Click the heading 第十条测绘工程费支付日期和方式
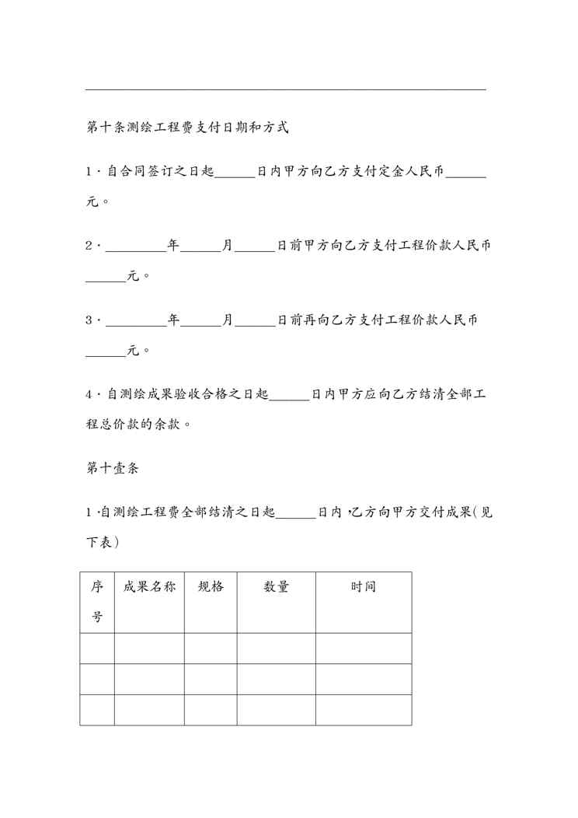[187, 127]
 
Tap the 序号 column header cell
[97, 602]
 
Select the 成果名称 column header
[149, 587]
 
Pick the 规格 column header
[211, 587]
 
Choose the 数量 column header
[276, 587]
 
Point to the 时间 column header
[363, 587]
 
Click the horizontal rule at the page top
[285, 89]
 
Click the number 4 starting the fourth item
[89, 394]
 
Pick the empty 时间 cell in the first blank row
[363, 648]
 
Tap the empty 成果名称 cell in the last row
[149, 709]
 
